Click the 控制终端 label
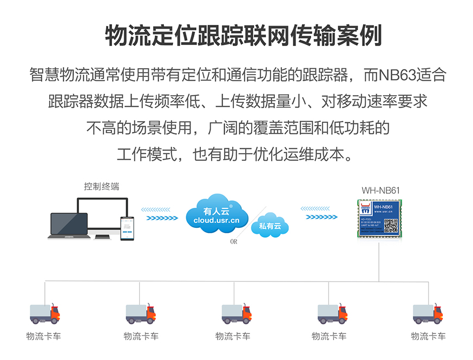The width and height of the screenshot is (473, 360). point(102,186)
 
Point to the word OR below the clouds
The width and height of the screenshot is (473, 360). point(234,242)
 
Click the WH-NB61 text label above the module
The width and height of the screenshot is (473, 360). point(380,190)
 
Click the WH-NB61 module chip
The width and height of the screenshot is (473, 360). point(379,219)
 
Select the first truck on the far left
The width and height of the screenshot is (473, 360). point(44,313)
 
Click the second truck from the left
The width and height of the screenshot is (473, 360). point(141,313)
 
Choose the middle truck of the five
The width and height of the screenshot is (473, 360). point(236,313)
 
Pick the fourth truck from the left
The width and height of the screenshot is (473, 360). point(332,313)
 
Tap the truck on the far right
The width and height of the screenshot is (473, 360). point(428,313)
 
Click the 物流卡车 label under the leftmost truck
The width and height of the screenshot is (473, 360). point(44,336)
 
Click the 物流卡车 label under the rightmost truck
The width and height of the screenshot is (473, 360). point(428,336)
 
